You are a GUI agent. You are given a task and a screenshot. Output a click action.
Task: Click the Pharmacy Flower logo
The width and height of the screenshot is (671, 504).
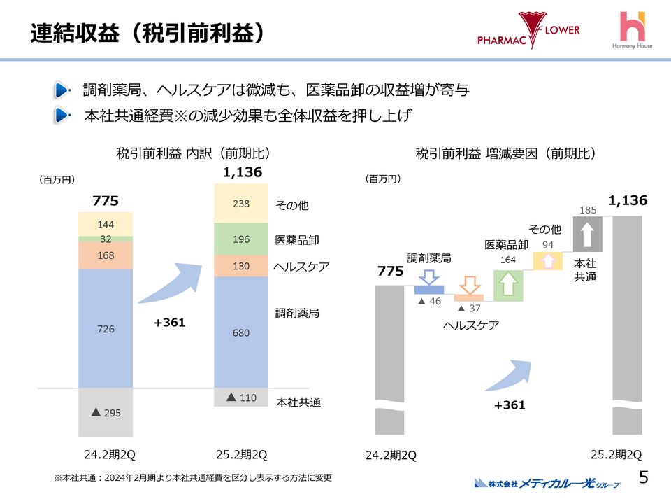click(x=528, y=31)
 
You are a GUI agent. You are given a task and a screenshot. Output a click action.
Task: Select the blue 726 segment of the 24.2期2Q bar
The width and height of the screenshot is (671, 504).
click(x=106, y=328)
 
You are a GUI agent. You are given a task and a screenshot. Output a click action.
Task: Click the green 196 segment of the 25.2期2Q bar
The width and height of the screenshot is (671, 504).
click(x=241, y=239)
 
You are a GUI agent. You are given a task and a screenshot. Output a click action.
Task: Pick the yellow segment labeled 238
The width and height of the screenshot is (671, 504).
click(x=241, y=204)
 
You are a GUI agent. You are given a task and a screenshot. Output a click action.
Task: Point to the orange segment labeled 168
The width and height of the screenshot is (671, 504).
click(x=106, y=255)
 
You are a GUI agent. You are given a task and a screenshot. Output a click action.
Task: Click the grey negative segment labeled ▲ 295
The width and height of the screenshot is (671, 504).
click(x=106, y=413)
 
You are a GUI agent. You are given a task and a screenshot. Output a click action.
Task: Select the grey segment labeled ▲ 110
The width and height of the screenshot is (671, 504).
click(x=241, y=398)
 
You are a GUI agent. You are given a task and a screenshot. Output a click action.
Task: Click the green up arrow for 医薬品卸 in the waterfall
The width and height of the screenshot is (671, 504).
click(x=508, y=286)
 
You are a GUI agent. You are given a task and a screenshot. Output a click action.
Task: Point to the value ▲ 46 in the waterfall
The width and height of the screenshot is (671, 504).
click(x=430, y=300)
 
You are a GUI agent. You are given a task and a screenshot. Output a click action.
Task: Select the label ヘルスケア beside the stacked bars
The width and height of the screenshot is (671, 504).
click(x=301, y=267)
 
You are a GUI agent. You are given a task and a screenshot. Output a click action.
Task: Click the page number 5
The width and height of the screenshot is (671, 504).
click(x=644, y=477)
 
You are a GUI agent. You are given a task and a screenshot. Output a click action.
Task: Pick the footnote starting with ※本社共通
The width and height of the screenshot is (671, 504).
click(x=192, y=477)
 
